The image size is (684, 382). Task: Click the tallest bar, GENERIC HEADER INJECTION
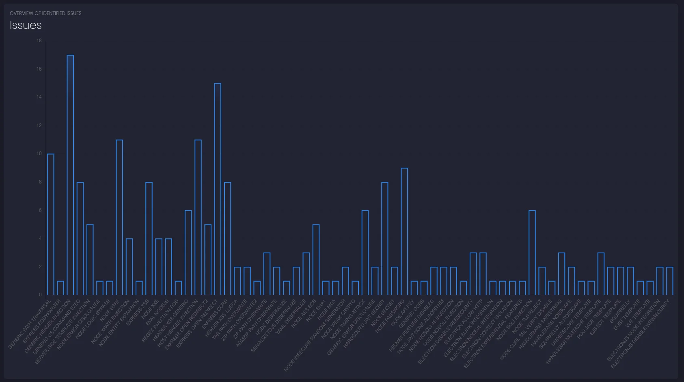pyautogui.click(x=70, y=175)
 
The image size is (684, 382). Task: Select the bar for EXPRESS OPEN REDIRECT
pyautogui.click(x=218, y=189)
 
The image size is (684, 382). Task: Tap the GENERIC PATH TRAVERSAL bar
pyautogui.click(x=51, y=224)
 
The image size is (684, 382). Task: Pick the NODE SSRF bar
pyautogui.click(x=119, y=217)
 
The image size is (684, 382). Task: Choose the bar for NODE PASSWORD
pyautogui.click(x=404, y=231)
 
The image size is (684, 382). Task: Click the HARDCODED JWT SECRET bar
pyautogui.click(x=385, y=238)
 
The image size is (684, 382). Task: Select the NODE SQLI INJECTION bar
pyautogui.click(x=532, y=253)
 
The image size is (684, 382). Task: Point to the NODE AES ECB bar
pyautogui.click(x=316, y=259)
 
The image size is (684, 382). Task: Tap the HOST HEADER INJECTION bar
pyautogui.click(x=198, y=217)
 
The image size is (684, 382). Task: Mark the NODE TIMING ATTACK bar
pyautogui.click(x=365, y=253)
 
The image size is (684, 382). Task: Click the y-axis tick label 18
pyautogui.click(x=39, y=41)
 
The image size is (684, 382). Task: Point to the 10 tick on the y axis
pyautogui.click(x=39, y=153)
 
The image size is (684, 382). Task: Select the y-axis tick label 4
pyautogui.click(x=40, y=238)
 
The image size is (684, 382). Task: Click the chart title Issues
pyautogui.click(x=26, y=25)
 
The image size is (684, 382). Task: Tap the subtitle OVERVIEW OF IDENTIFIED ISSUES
pyautogui.click(x=45, y=13)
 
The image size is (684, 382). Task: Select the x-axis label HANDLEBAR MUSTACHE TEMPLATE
pyautogui.click(x=574, y=331)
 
